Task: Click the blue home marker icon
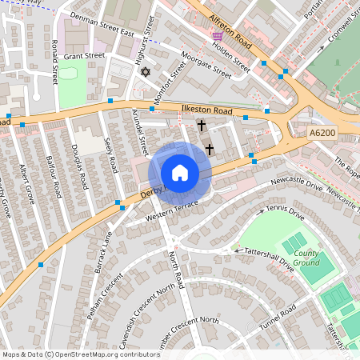point(180,173)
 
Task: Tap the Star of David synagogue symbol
point(145,73)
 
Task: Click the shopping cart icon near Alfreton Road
point(218,36)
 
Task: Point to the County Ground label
point(306,258)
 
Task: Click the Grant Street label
point(84,56)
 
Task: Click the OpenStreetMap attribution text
point(80,354)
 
